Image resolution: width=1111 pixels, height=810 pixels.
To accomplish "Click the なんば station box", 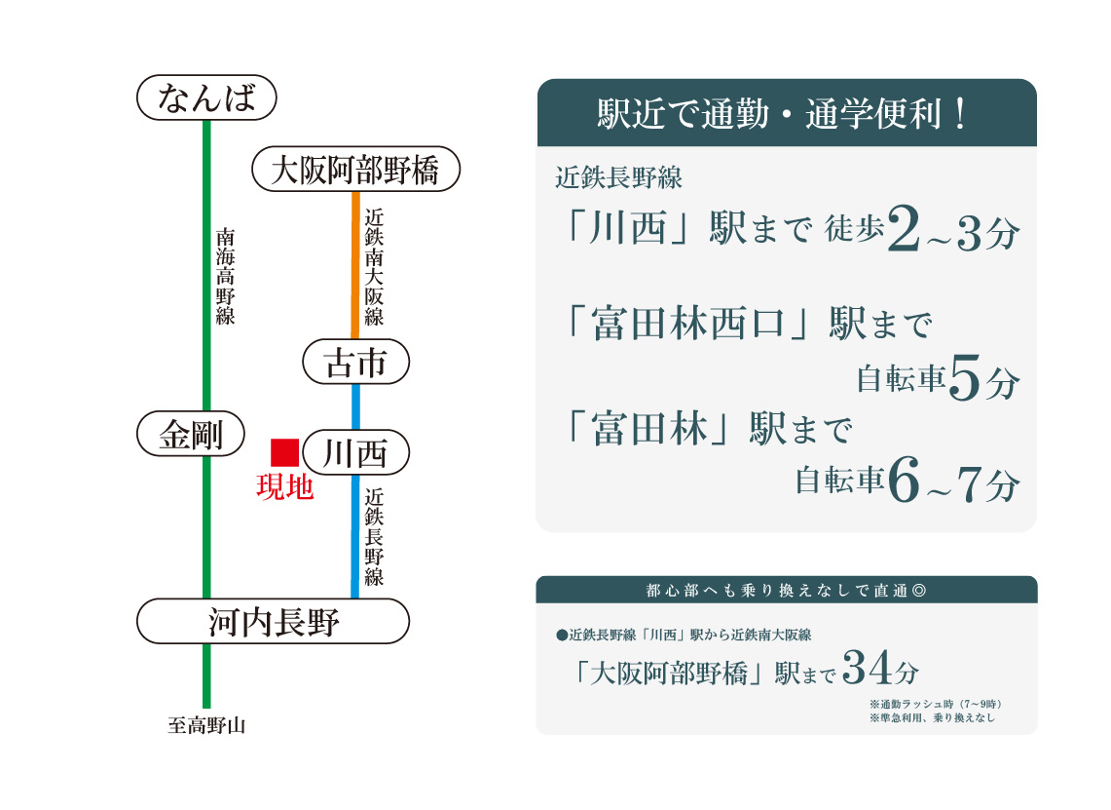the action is click(x=206, y=97).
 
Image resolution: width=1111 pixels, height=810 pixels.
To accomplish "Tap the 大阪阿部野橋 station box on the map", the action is click(x=355, y=169).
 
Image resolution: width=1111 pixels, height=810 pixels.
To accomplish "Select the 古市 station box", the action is click(x=355, y=362).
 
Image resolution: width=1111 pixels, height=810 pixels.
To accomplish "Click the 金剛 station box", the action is click(x=191, y=434).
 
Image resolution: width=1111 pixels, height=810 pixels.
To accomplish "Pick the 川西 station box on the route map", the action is click(x=355, y=452).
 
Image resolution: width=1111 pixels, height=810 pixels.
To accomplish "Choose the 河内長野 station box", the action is click(x=273, y=621).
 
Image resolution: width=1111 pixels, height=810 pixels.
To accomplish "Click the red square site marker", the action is click(x=285, y=452).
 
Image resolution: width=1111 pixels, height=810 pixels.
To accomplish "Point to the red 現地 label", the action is click(x=285, y=487).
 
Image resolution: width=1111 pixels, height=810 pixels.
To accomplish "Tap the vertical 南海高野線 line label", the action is click(x=225, y=276).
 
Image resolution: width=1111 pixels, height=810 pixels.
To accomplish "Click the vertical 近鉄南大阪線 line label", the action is click(x=374, y=267).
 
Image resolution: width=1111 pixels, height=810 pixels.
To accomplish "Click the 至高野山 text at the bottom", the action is click(x=206, y=725).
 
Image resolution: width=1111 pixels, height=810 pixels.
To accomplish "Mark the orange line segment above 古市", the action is click(x=355, y=265).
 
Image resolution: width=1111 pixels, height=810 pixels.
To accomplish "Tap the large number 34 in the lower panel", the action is click(x=867, y=668).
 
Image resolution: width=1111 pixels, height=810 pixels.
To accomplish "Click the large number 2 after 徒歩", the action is click(x=904, y=228).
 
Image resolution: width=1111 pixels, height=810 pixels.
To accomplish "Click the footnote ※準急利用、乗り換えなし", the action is click(x=933, y=717).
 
